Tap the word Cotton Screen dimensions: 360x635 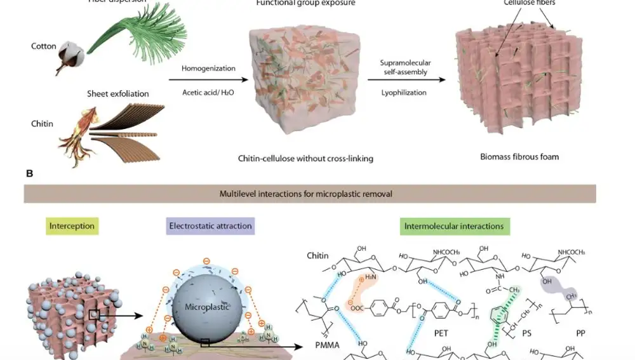[44, 46]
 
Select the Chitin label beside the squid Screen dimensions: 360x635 [42, 124]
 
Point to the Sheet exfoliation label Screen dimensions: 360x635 [117, 94]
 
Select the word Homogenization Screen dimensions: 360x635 [208, 68]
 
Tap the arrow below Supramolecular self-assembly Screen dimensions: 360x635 [404, 80]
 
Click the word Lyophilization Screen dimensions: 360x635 [404, 93]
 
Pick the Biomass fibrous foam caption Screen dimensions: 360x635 [519, 156]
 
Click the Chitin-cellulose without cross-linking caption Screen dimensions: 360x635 [305, 159]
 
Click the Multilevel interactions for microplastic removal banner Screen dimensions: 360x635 [310, 194]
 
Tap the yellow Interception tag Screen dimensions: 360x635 [72, 226]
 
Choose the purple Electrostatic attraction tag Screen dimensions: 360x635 [210, 226]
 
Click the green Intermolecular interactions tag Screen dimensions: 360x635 [454, 226]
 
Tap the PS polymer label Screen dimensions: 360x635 [545, 331]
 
